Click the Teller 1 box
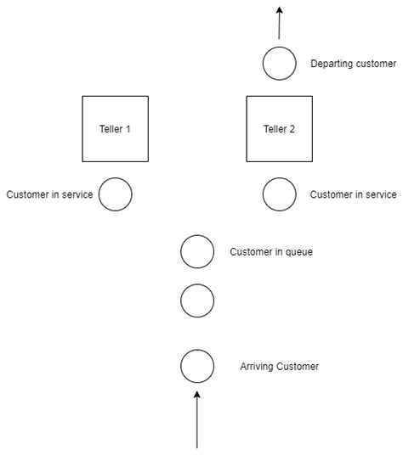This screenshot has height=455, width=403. pyautogui.click(x=115, y=128)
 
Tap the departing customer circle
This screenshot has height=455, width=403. pyautogui.click(x=279, y=64)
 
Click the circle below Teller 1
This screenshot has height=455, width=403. pyautogui.click(x=115, y=194)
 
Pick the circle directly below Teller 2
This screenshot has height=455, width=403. pyautogui.click(x=279, y=194)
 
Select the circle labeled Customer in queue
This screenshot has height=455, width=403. pyautogui.click(x=197, y=251)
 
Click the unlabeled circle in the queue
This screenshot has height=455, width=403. pyautogui.click(x=197, y=300)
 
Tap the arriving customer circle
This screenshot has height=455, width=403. pyautogui.click(x=197, y=367)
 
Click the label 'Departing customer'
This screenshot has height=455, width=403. pyautogui.click(x=353, y=64)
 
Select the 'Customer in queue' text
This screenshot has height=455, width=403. pyautogui.click(x=271, y=251)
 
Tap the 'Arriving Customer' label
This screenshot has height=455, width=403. pyautogui.click(x=280, y=367)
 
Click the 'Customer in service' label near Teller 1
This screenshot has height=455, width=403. pyautogui.click(x=49, y=194)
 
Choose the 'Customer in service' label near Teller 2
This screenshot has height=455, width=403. pyautogui.click(x=353, y=194)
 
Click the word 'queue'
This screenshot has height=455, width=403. pyautogui.click(x=298, y=252)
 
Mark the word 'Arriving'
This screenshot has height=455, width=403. pyautogui.click(x=258, y=367)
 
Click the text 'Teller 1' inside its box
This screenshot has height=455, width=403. pyautogui.click(x=115, y=129)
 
